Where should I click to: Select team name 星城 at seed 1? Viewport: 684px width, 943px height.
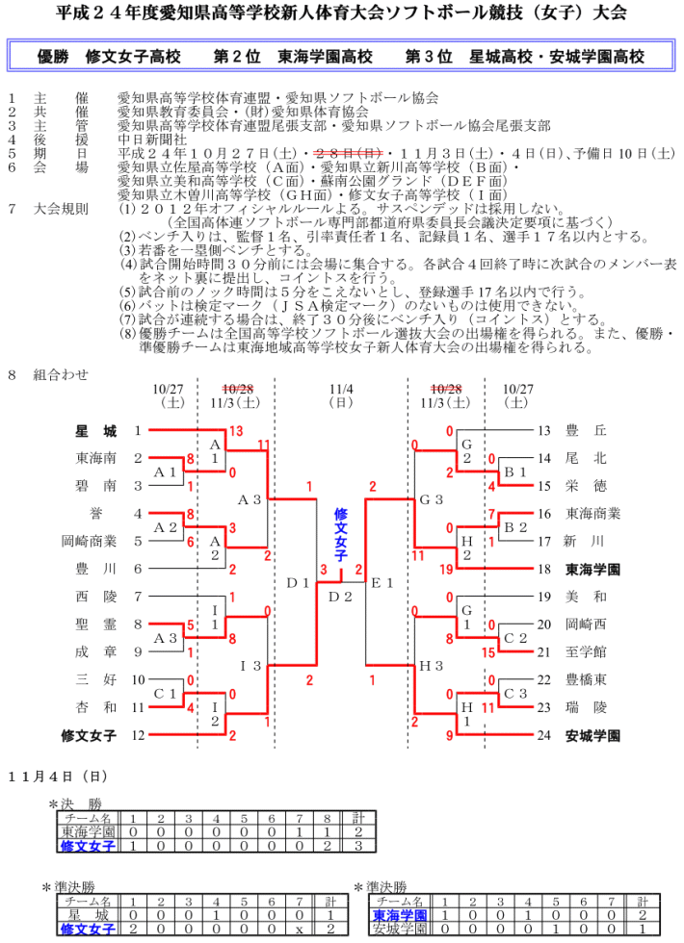pos(96,430)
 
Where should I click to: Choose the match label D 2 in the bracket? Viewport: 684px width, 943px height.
pos(341,597)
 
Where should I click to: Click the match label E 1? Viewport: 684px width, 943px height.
pos(382,582)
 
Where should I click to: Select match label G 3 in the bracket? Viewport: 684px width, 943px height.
pos(430,499)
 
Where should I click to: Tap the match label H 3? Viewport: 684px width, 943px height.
pos(430,666)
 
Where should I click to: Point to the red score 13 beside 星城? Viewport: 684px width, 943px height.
pos(236,430)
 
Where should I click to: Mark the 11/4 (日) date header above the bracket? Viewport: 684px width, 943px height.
pos(341,395)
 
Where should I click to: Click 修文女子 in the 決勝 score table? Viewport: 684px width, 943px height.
pos(88,846)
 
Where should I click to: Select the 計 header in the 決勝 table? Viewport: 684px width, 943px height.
pos(357,818)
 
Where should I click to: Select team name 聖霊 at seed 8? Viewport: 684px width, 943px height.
pos(96,624)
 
